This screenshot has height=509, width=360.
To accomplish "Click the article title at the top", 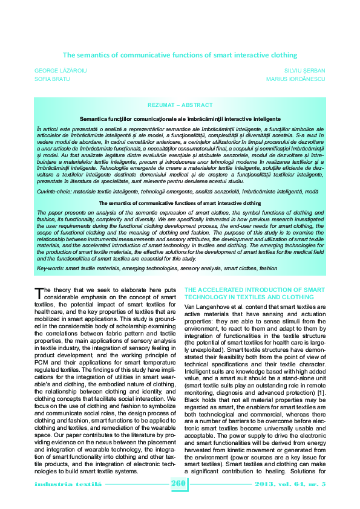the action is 180,54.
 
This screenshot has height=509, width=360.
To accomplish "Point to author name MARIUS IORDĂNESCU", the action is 301,79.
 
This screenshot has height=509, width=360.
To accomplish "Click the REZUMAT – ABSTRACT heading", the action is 180,105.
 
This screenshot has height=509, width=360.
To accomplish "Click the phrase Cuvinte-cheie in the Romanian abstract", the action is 54,174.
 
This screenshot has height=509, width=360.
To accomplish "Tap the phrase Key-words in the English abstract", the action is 50,267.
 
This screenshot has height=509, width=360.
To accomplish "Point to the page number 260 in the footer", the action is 180,484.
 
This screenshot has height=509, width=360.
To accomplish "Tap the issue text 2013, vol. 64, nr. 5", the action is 298,484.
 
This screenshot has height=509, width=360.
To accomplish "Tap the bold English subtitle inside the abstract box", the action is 180,187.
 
